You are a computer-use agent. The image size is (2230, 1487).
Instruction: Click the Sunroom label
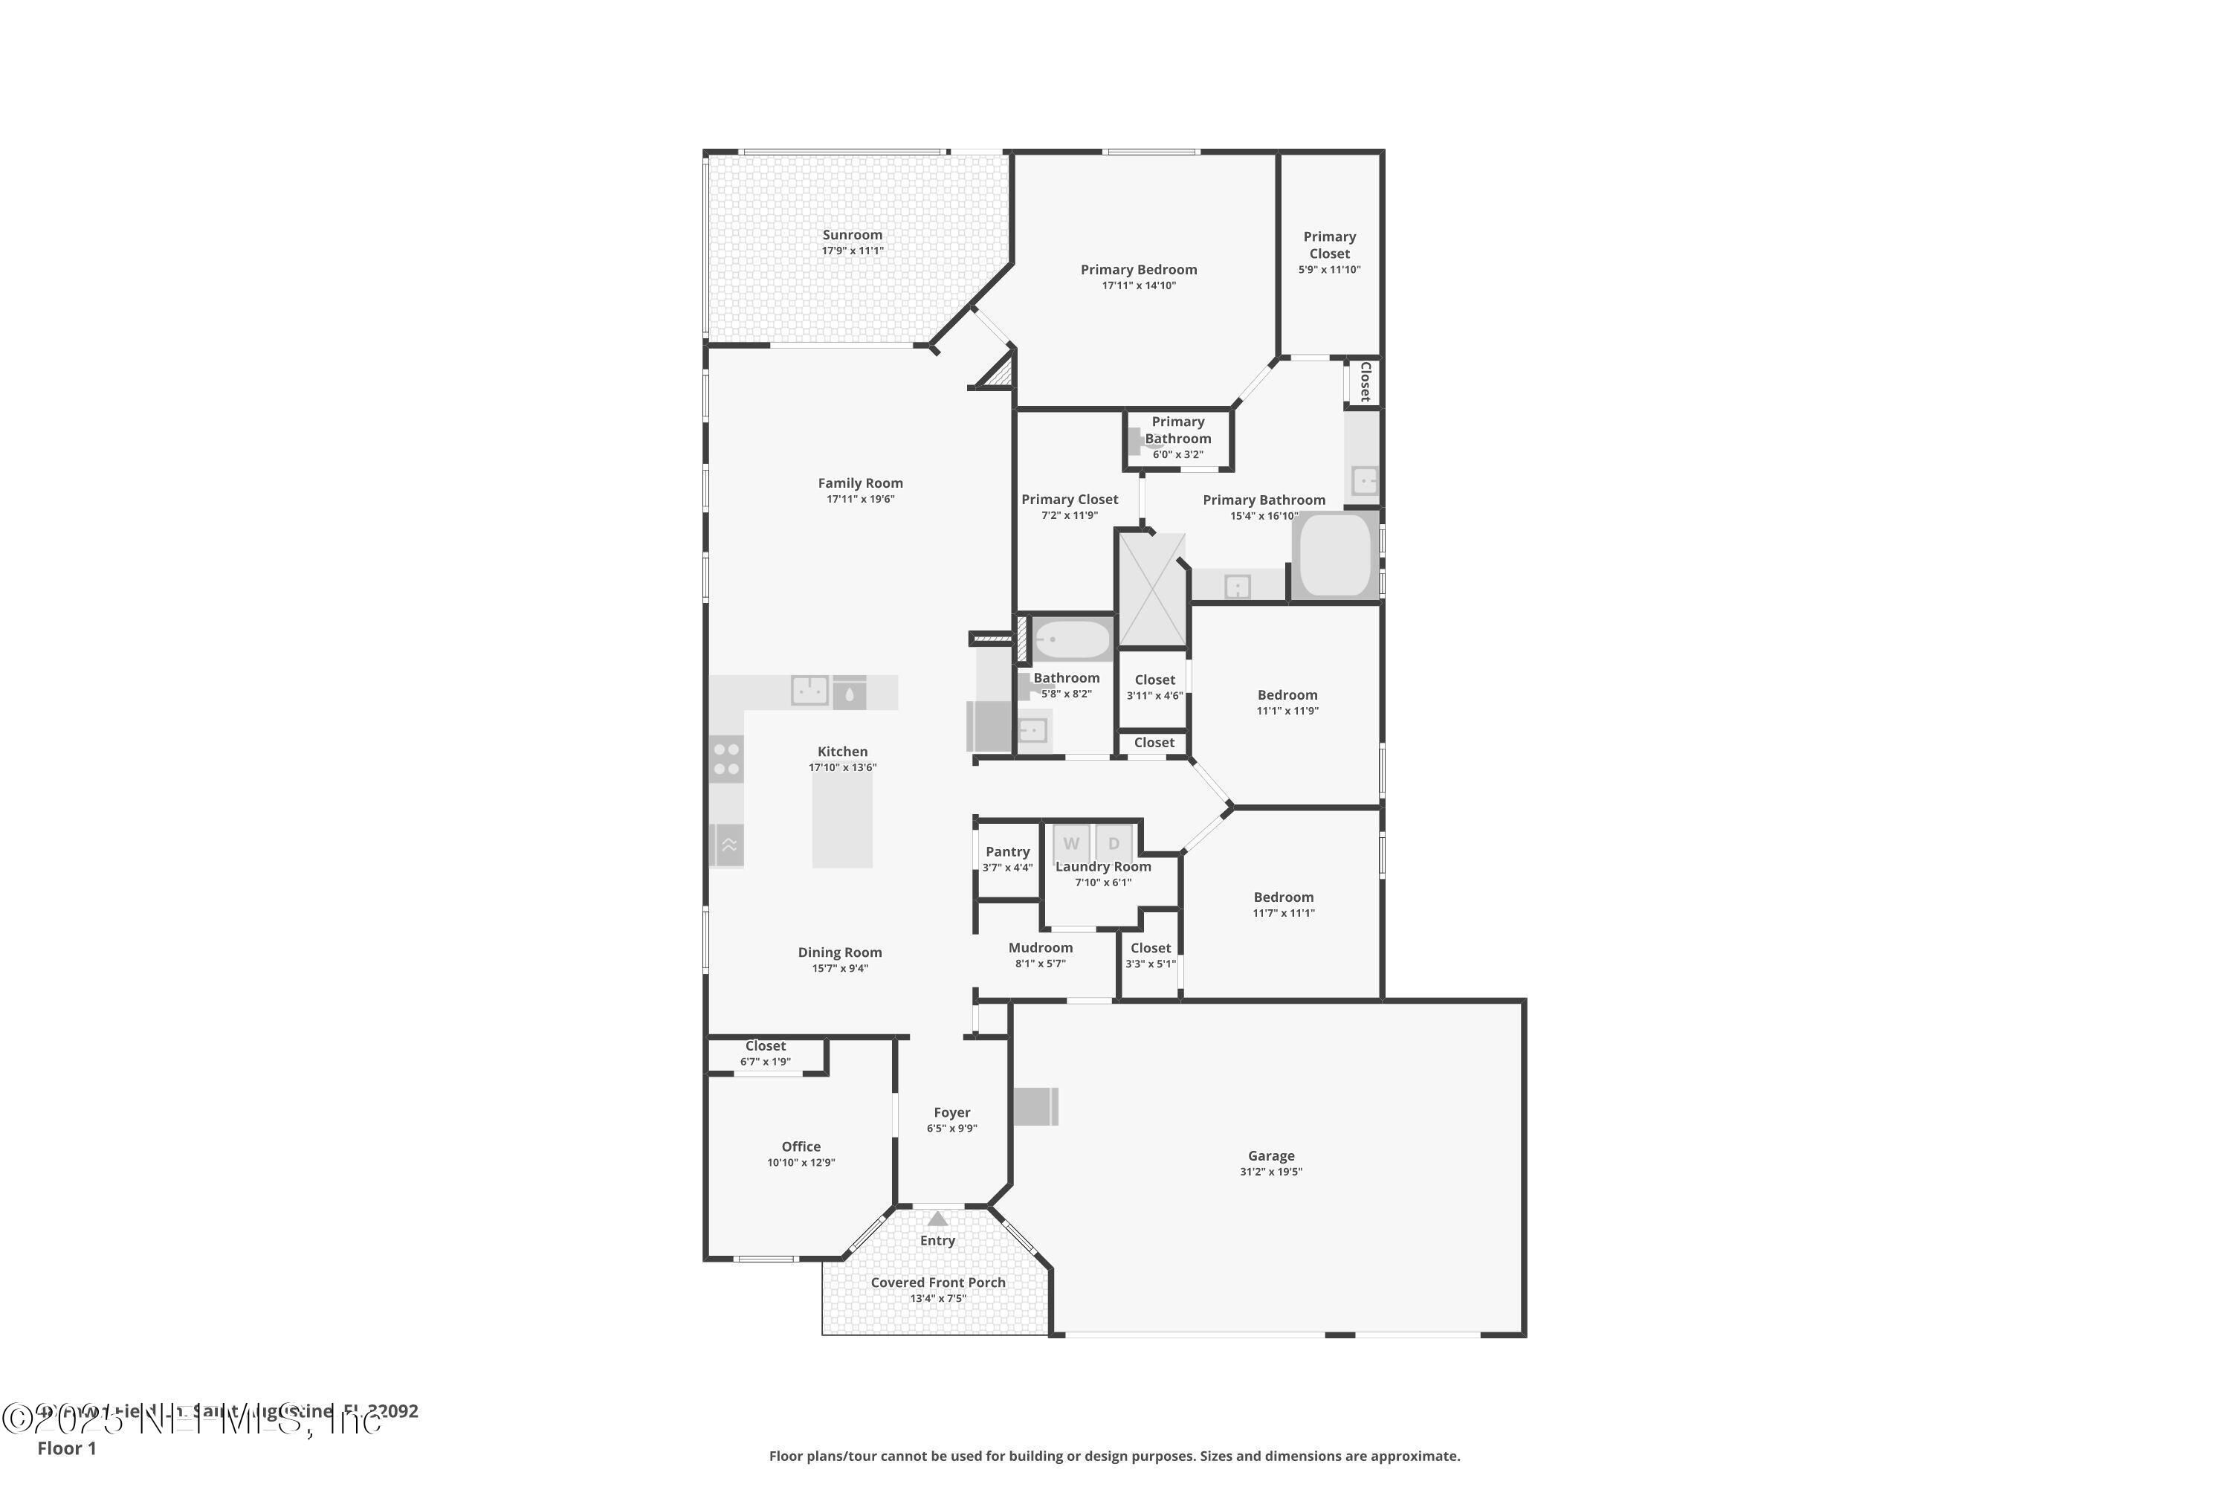(851, 235)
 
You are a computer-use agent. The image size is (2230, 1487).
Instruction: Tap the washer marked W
(1070, 843)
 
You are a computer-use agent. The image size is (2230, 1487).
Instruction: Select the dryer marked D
(1114, 843)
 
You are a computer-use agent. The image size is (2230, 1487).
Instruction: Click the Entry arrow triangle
(937, 1219)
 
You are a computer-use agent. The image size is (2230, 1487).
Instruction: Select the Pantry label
(1007, 851)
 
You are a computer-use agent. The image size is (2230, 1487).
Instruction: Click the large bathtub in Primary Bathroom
(1335, 555)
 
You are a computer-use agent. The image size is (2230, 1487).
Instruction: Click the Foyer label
(952, 1112)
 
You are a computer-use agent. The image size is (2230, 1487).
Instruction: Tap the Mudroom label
(1040, 947)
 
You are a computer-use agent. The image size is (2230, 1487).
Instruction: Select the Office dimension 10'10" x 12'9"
(801, 1163)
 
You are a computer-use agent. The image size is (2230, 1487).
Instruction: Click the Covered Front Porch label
(937, 1282)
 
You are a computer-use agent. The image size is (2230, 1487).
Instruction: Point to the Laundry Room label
(1102, 867)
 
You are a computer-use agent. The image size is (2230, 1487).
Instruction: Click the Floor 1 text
(66, 1448)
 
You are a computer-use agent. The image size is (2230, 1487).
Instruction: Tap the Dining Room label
(839, 952)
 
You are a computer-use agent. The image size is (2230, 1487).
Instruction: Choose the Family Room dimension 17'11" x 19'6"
(860, 499)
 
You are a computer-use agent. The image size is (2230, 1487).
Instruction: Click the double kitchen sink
(809, 691)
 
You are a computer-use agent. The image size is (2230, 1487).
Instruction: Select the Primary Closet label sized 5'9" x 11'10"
(1329, 245)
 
